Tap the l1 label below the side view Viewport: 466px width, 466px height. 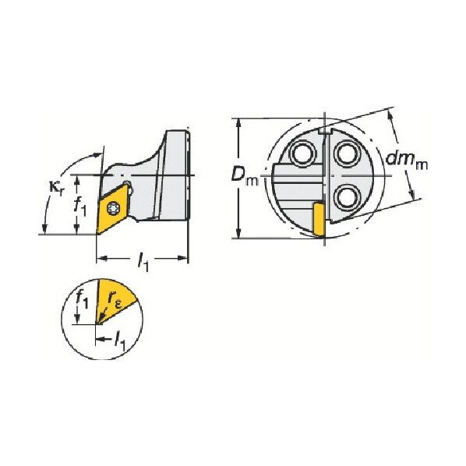pyautogui.click(x=143, y=261)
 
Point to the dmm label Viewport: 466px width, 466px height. pyautogui.click(x=406, y=161)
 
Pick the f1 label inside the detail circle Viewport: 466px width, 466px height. pyautogui.click(x=81, y=299)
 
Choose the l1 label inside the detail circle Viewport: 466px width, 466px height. pyautogui.click(x=120, y=342)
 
